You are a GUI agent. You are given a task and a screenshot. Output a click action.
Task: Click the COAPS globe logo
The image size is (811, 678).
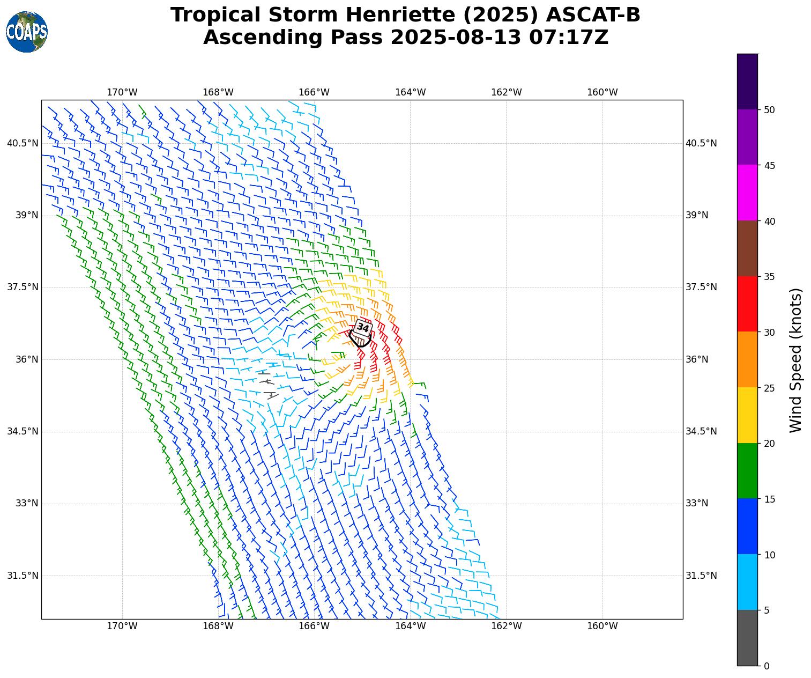click(x=27, y=32)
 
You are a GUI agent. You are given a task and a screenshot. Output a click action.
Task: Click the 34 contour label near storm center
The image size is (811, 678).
click(x=363, y=327)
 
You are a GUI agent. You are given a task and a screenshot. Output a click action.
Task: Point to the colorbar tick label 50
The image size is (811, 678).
click(x=769, y=110)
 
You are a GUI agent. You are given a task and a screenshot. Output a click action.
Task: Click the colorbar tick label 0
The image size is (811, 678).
click(x=767, y=666)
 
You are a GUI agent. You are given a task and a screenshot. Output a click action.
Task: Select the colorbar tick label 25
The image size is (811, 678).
click(x=769, y=388)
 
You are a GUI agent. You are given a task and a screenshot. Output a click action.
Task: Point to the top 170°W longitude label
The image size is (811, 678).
click(x=122, y=92)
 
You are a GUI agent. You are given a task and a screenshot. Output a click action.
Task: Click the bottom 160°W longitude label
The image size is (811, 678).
click(x=602, y=626)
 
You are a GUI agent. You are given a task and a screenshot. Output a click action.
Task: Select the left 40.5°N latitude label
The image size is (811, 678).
click(x=23, y=143)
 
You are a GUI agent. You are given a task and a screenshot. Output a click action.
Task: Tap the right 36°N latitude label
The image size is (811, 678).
click(x=697, y=359)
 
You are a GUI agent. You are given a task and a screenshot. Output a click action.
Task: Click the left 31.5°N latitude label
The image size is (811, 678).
click(x=23, y=576)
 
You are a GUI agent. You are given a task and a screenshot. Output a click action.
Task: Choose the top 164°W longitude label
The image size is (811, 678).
click(x=410, y=92)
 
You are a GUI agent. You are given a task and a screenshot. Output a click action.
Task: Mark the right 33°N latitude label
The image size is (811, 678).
click(x=697, y=503)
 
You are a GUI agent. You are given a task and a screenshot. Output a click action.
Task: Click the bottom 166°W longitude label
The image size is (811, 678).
click(x=314, y=626)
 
